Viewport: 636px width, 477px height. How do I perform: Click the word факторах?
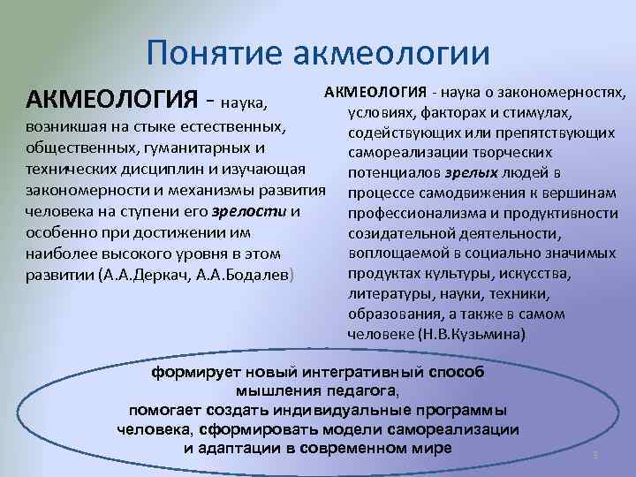448,113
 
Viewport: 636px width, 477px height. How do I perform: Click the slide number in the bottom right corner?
595,454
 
